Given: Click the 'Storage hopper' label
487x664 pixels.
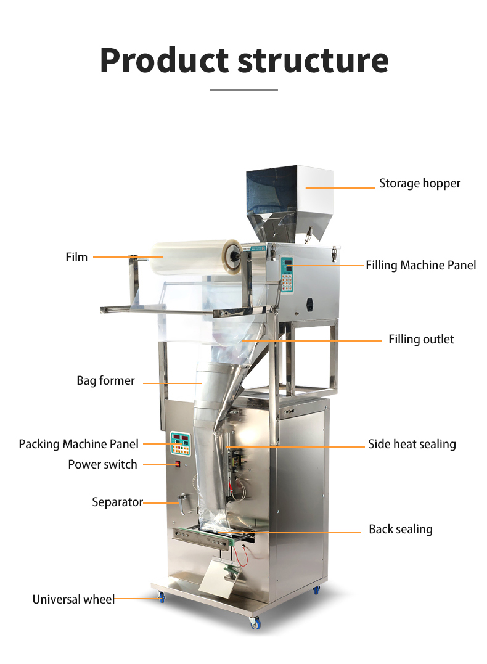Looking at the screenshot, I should click(419, 184).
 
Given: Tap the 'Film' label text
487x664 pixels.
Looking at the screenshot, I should click(76, 257).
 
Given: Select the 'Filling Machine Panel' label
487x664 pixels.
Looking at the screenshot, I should click(420, 266).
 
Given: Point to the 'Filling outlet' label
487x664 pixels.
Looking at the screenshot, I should click(421, 340).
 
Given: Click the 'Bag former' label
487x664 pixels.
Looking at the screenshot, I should click(105, 381).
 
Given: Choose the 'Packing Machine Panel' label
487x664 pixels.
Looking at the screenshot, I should click(78, 444).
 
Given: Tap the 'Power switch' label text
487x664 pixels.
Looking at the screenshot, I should click(102, 465).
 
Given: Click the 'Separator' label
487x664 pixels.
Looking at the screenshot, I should click(117, 502).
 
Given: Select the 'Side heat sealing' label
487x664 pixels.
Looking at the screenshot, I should click(412, 445).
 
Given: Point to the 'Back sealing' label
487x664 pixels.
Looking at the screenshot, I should click(401, 530).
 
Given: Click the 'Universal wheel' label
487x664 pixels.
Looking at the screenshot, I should click(73, 599).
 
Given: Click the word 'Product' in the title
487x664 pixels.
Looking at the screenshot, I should click(164, 60).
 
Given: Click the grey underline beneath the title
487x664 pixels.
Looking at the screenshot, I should click(243, 90).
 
